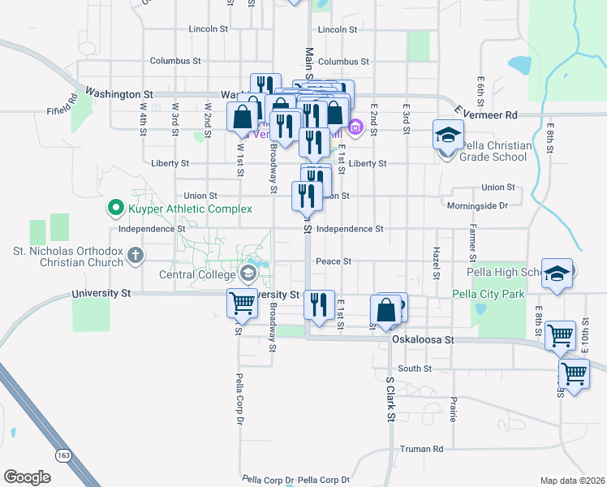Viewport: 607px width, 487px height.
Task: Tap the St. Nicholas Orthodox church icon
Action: point(135,256)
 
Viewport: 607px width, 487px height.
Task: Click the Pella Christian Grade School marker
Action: point(446,136)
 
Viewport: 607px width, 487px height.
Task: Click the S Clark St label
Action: point(390,399)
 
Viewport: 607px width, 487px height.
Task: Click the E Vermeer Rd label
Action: point(485,114)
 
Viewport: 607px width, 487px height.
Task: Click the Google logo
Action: point(27,476)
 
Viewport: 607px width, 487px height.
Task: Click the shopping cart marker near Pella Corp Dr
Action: point(242,304)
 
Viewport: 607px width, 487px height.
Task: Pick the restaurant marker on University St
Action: point(318,304)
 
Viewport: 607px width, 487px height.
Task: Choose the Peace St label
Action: point(334,261)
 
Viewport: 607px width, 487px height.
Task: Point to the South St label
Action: point(414,368)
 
